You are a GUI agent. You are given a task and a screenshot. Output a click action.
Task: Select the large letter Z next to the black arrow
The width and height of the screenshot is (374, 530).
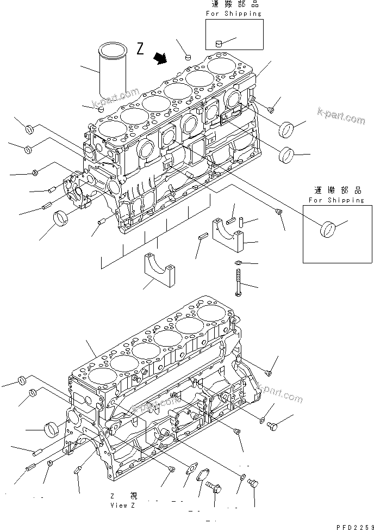coord(140,50)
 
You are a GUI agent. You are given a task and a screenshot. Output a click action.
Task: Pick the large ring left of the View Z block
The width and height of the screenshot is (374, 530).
coord(52,429)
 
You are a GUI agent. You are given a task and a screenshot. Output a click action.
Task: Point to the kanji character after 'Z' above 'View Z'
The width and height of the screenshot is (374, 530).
coord(134,496)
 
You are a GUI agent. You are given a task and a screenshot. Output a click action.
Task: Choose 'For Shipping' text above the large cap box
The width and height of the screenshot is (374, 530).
coord(335,200)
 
